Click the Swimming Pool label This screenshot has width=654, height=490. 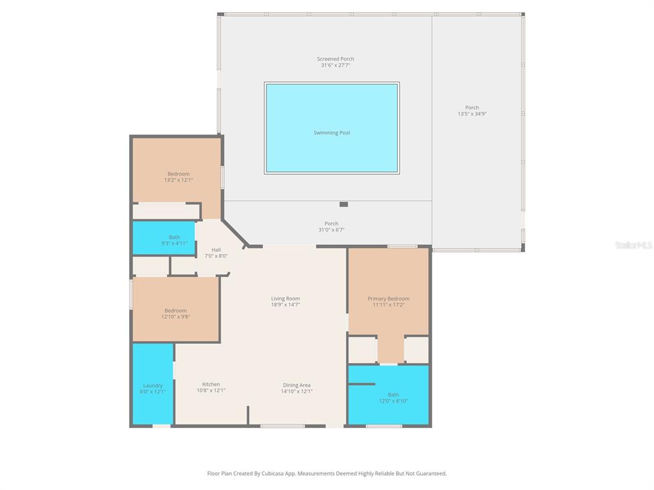[x=331, y=133]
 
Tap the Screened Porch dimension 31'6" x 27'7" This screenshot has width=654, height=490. [x=335, y=65]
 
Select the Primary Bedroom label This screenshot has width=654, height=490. [x=388, y=299]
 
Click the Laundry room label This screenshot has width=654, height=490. [x=153, y=385]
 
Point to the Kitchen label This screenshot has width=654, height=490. [x=211, y=384]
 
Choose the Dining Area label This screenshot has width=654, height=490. [x=297, y=385]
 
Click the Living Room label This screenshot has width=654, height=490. [x=285, y=299]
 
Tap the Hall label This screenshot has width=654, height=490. [x=216, y=249]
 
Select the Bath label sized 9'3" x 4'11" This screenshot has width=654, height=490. [x=174, y=237]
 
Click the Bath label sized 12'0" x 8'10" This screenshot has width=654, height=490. [x=393, y=394]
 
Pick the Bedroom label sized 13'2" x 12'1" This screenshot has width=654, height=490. [x=178, y=174]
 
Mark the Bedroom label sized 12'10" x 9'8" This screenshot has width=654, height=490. [x=176, y=311]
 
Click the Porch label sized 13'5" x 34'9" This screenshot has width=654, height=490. [x=472, y=108]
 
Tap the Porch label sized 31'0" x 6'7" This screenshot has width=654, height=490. [x=331, y=223]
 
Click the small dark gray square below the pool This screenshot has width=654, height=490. [x=344, y=204]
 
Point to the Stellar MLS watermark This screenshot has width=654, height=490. [x=633, y=245]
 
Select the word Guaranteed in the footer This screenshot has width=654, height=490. [x=429, y=473]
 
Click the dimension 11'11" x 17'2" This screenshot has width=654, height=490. [x=388, y=305]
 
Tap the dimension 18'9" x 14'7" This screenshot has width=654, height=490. [x=285, y=305]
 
